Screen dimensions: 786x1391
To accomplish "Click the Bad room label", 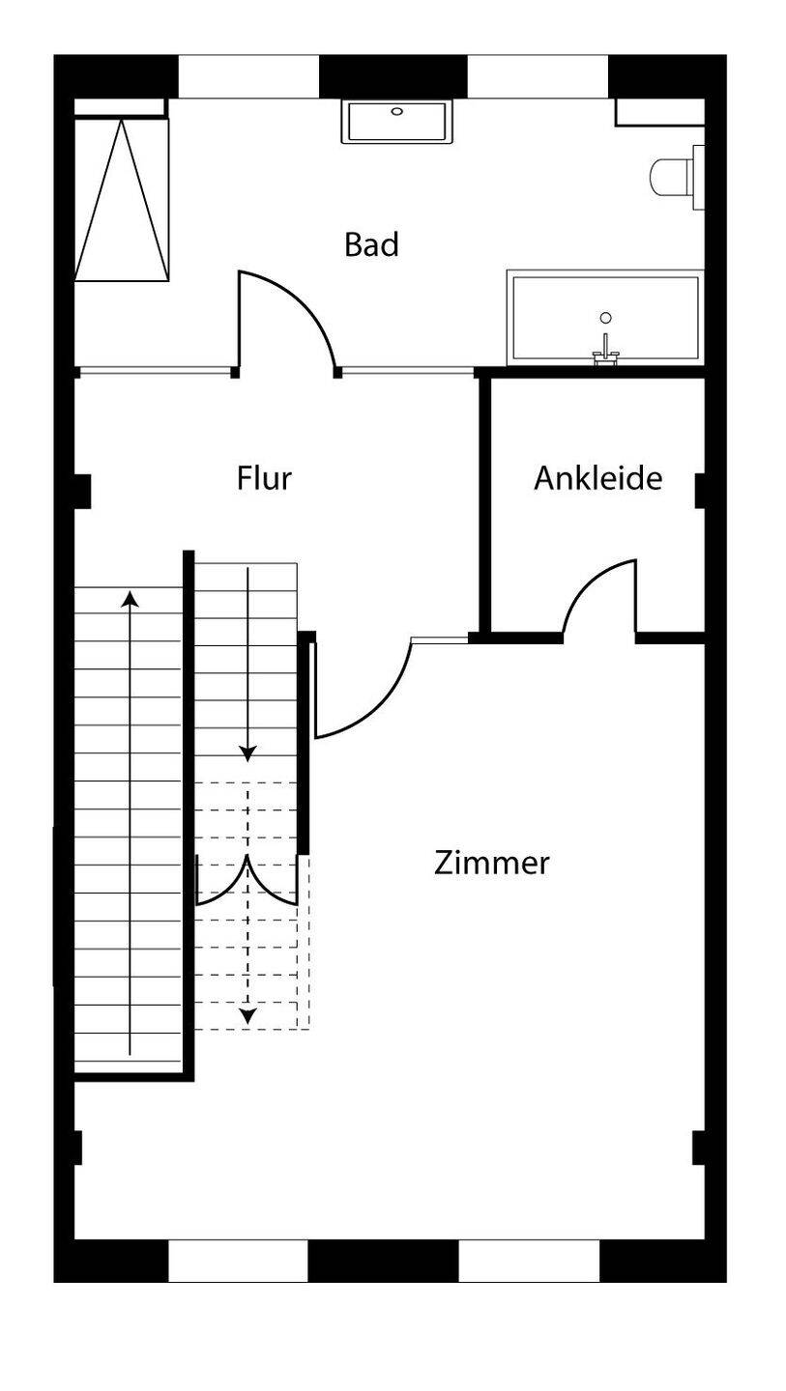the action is coord(371,244).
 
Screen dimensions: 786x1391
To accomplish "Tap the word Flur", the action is coord(264,478).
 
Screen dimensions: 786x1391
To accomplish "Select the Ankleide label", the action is coord(597,478).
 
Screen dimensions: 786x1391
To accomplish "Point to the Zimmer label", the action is coord(491,862).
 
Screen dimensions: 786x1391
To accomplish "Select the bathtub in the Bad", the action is coord(605,320).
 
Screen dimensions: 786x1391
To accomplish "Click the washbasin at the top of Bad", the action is coord(397,122).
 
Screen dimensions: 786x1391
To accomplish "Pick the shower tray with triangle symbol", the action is coord(122,200).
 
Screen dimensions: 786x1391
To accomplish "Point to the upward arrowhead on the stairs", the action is coord(130,598).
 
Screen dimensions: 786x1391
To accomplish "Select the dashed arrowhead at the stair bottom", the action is coord(247,1015).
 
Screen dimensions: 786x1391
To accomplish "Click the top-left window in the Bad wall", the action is coord(248,77).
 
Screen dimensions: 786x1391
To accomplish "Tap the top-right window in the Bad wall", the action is coord(538,77).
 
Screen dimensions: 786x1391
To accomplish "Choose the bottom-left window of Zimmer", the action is coord(238,1261).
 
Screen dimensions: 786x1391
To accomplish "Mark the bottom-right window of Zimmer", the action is coord(529,1261).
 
